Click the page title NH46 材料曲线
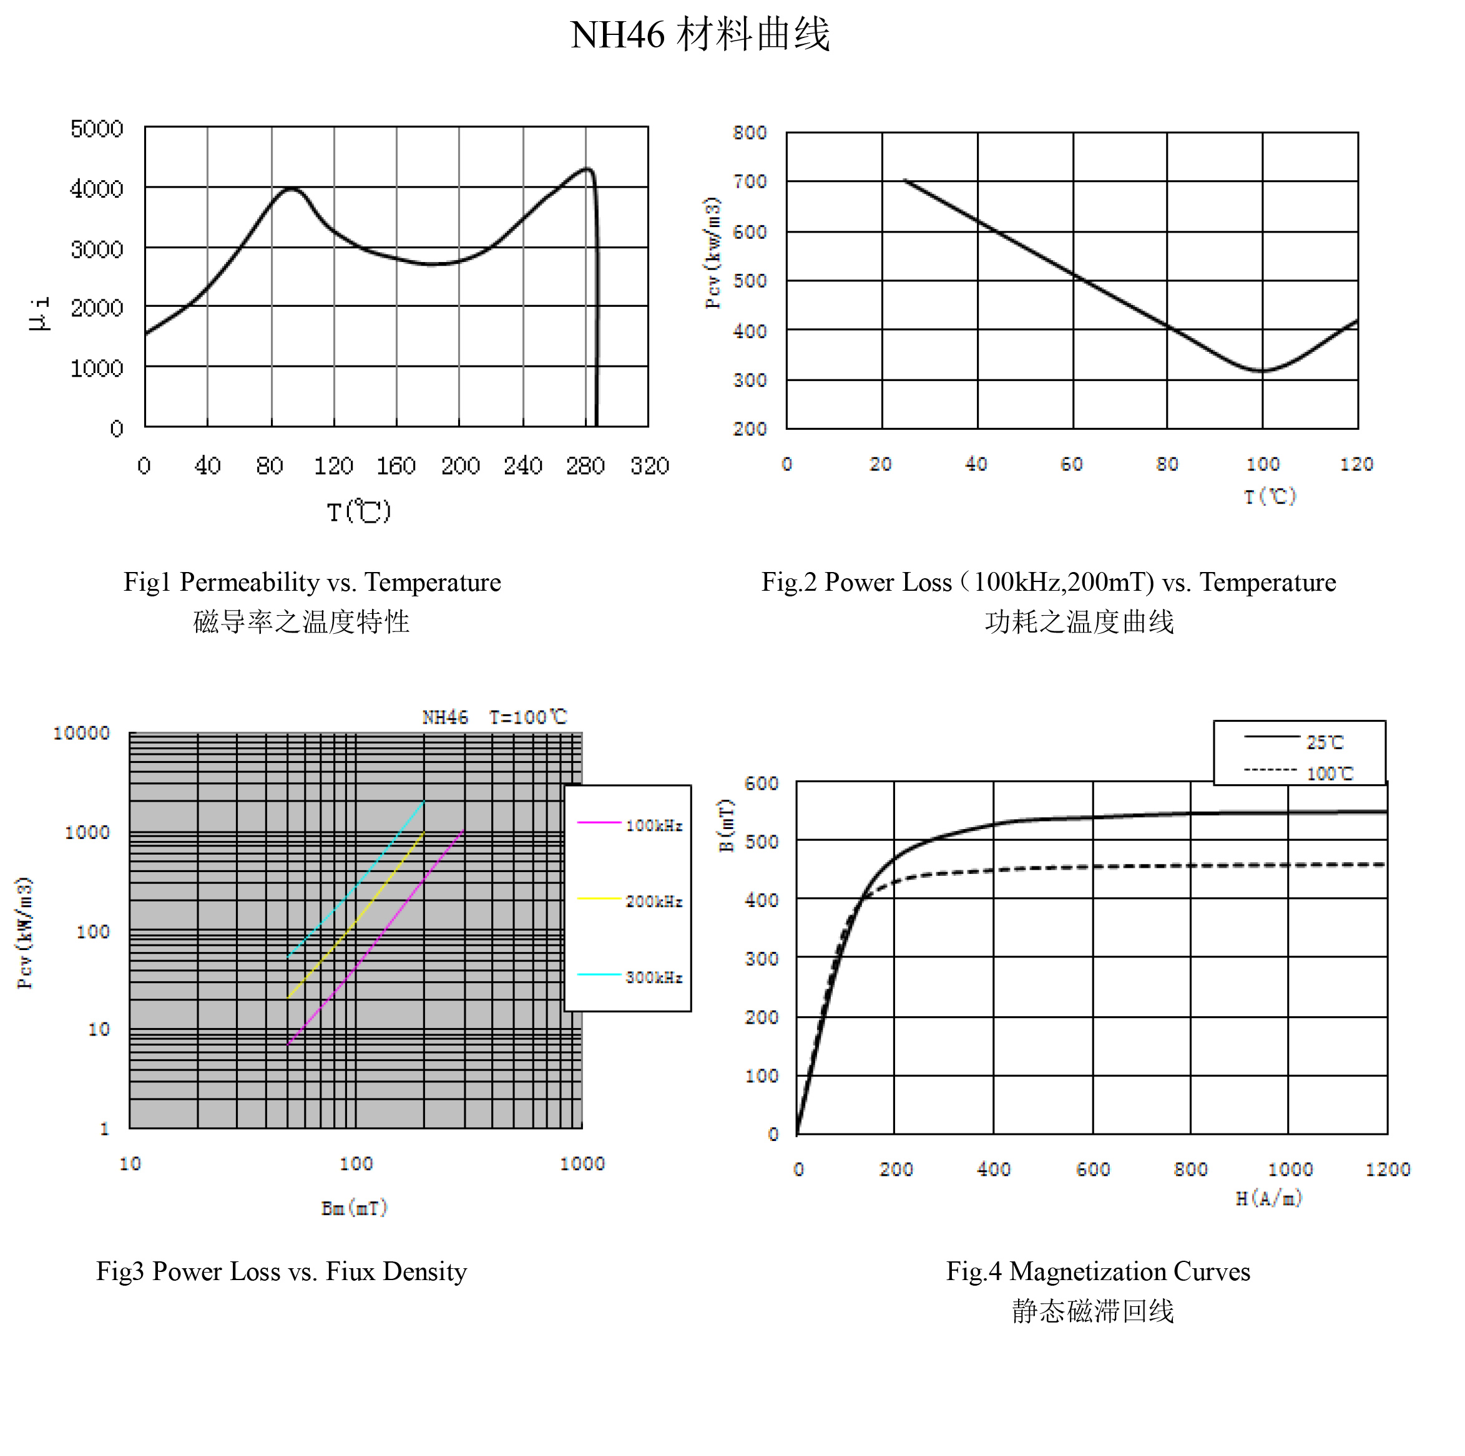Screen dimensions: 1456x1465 tap(699, 35)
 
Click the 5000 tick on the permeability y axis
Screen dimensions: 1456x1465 tap(96, 129)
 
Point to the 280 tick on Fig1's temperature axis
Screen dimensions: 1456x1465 tap(585, 465)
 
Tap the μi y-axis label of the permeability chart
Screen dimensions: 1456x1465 tap(39, 313)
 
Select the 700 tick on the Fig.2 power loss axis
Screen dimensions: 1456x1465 tap(749, 182)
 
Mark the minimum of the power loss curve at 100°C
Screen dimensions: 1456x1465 tap(1261, 371)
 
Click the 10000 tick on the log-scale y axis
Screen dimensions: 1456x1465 tap(81, 733)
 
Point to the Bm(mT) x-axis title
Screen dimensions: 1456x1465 tap(354, 1207)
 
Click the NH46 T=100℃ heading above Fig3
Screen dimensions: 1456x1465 tap(494, 717)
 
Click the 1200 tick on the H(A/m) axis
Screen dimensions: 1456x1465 tap(1387, 1170)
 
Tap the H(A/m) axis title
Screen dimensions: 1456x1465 tap(1268, 1198)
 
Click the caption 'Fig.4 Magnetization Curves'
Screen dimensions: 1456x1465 tap(1097, 1271)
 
